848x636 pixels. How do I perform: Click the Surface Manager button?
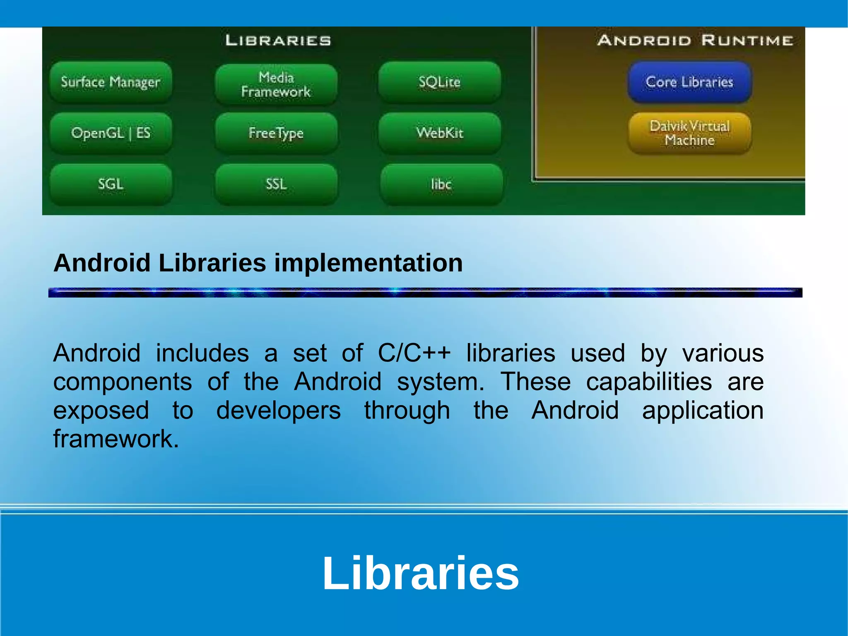(111, 82)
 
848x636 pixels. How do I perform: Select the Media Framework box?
(276, 84)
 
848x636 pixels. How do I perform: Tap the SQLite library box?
(439, 82)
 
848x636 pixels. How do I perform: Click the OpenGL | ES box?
(111, 133)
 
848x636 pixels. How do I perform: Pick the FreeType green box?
(276, 133)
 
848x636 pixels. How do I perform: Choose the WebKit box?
(439, 133)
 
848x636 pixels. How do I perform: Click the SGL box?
(111, 184)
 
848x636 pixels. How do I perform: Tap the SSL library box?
(276, 184)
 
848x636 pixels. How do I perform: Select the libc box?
(441, 184)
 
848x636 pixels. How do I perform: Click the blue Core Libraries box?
(689, 82)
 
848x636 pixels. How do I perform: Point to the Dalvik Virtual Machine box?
(689, 133)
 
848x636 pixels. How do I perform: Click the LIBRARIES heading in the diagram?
(278, 41)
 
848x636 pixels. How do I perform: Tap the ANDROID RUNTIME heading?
(695, 41)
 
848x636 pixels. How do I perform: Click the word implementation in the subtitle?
(368, 263)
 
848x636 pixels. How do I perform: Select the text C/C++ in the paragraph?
(414, 353)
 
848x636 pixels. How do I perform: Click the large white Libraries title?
(420, 573)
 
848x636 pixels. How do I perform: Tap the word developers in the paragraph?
(278, 411)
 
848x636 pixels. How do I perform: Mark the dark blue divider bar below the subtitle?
(425, 293)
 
